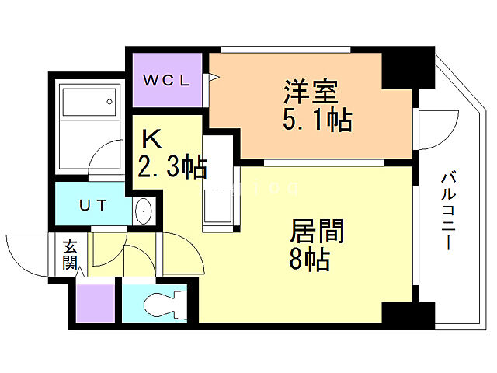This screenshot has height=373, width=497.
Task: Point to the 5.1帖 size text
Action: (318, 120)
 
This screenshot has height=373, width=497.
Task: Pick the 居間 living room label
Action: (317, 232)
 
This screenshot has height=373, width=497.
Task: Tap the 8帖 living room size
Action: (309, 260)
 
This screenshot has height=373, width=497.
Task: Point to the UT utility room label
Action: (92, 205)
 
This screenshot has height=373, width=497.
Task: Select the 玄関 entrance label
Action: (70, 253)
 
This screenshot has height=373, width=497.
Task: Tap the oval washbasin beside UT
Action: (144, 211)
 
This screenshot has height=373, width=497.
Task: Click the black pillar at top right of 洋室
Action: (408, 68)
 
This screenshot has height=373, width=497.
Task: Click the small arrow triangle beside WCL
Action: (210, 77)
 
